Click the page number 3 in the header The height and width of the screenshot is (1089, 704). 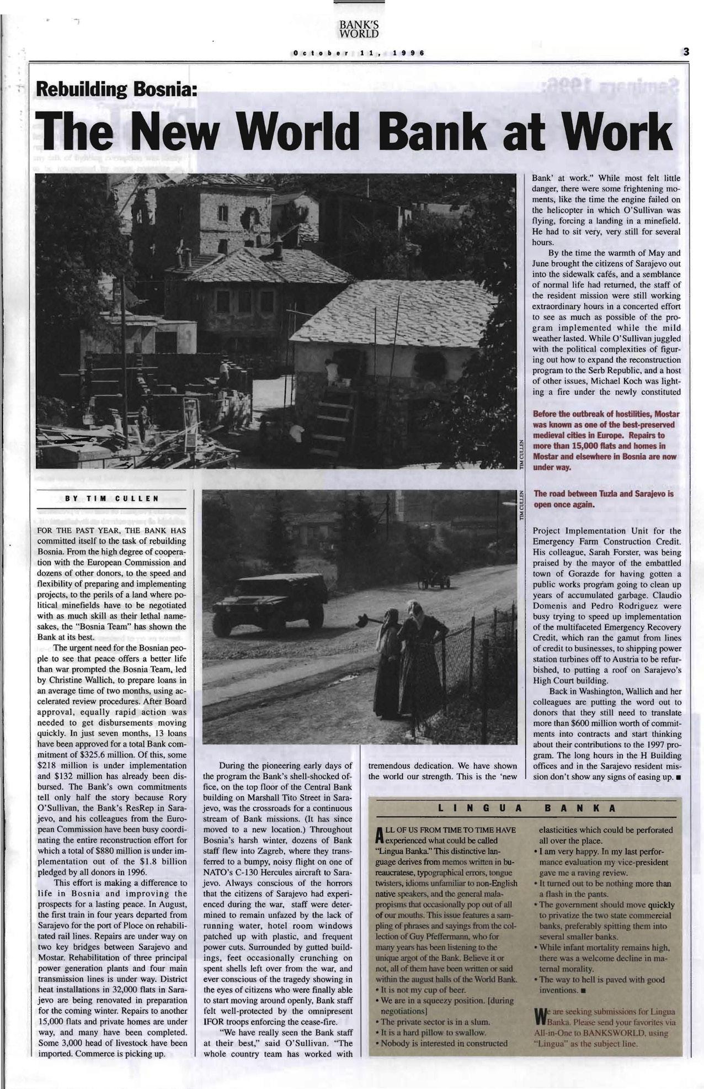(x=686, y=52)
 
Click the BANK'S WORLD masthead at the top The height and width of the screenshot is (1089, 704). (x=359, y=29)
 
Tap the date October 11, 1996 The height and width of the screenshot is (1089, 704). (x=359, y=54)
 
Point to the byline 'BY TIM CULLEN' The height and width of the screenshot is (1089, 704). (x=111, y=498)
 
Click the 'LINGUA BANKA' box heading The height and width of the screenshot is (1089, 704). (x=524, y=808)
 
